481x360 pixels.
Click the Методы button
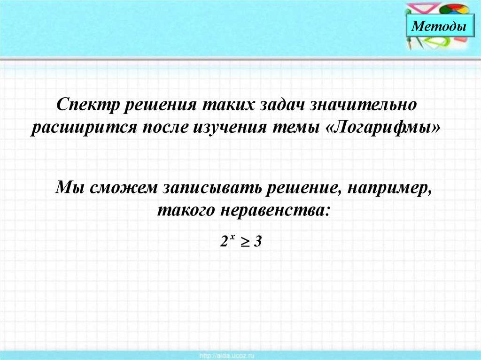pos(439,26)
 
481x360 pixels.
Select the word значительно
pos(364,104)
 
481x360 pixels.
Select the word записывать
pos(211,187)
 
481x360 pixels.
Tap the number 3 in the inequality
pos(258,242)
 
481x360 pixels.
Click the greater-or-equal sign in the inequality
pos(245,242)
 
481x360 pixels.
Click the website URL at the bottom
pos(227,356)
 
